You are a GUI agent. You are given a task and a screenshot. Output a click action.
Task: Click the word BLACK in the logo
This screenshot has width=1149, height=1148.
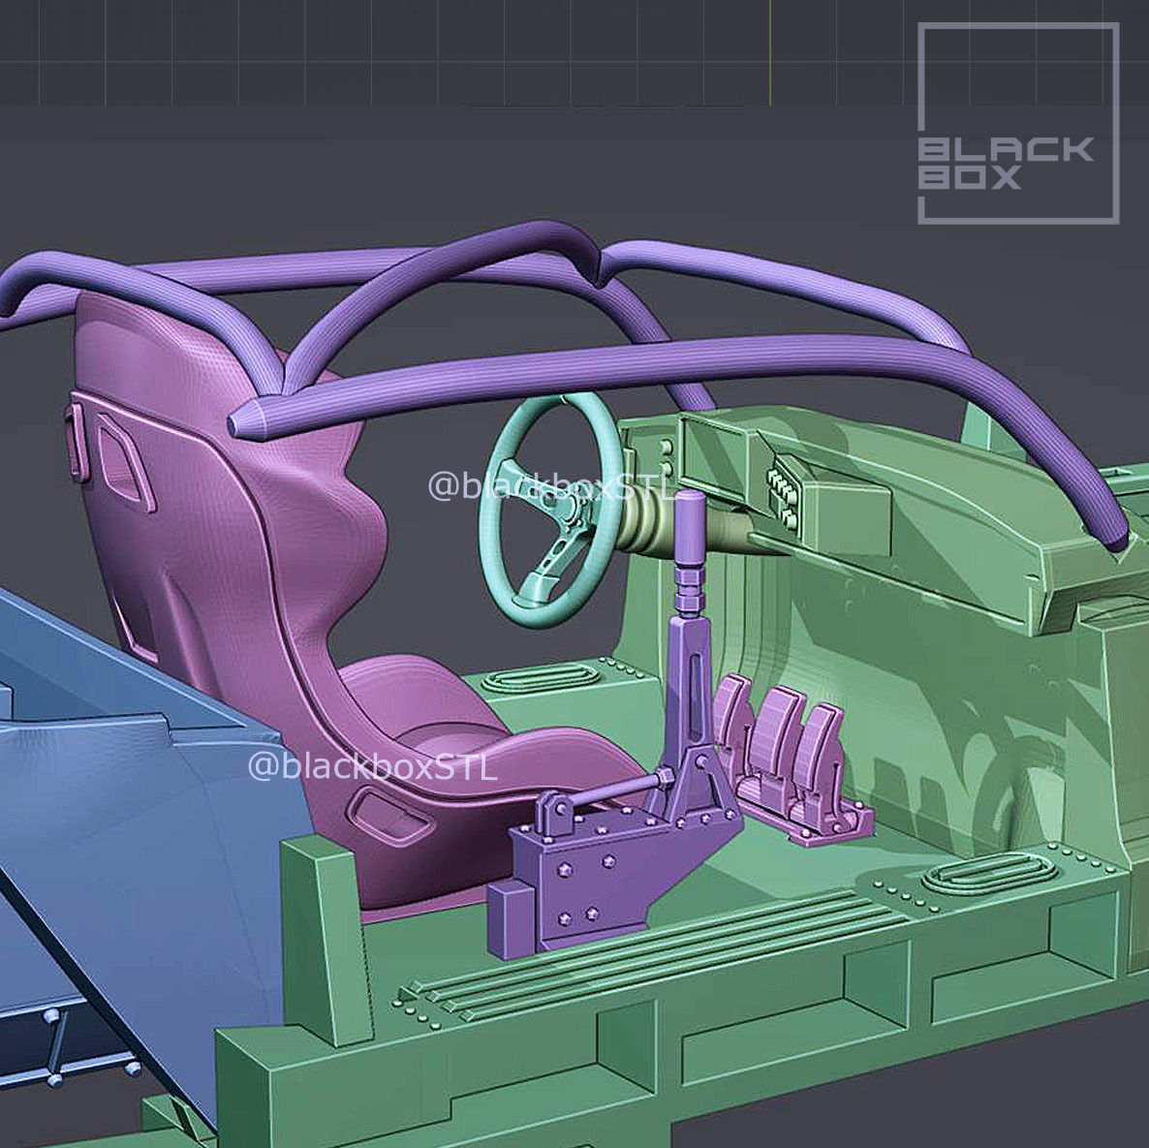[1006, 149]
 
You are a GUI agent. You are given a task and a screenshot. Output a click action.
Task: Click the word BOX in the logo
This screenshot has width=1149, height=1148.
[969, 177]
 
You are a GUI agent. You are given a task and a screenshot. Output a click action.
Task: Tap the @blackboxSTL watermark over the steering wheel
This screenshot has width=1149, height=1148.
[550, 486]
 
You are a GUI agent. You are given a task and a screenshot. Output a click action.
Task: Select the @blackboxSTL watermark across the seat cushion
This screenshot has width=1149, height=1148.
[373, 766]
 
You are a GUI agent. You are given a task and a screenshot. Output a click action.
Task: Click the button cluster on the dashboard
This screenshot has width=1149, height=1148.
[782, 495]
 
